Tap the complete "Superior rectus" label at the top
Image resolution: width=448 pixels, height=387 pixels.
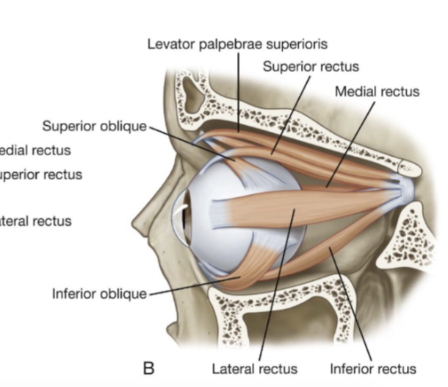click(x=311, y=67)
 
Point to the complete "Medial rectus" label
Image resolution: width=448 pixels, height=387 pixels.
click(x=377, y=92)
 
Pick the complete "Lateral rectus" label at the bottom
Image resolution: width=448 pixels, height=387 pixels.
click(x=254, y=369)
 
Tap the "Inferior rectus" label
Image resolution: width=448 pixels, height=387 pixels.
click(x=373, y=369)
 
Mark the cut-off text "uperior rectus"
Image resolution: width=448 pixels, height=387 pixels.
click(x=40, y=175)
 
